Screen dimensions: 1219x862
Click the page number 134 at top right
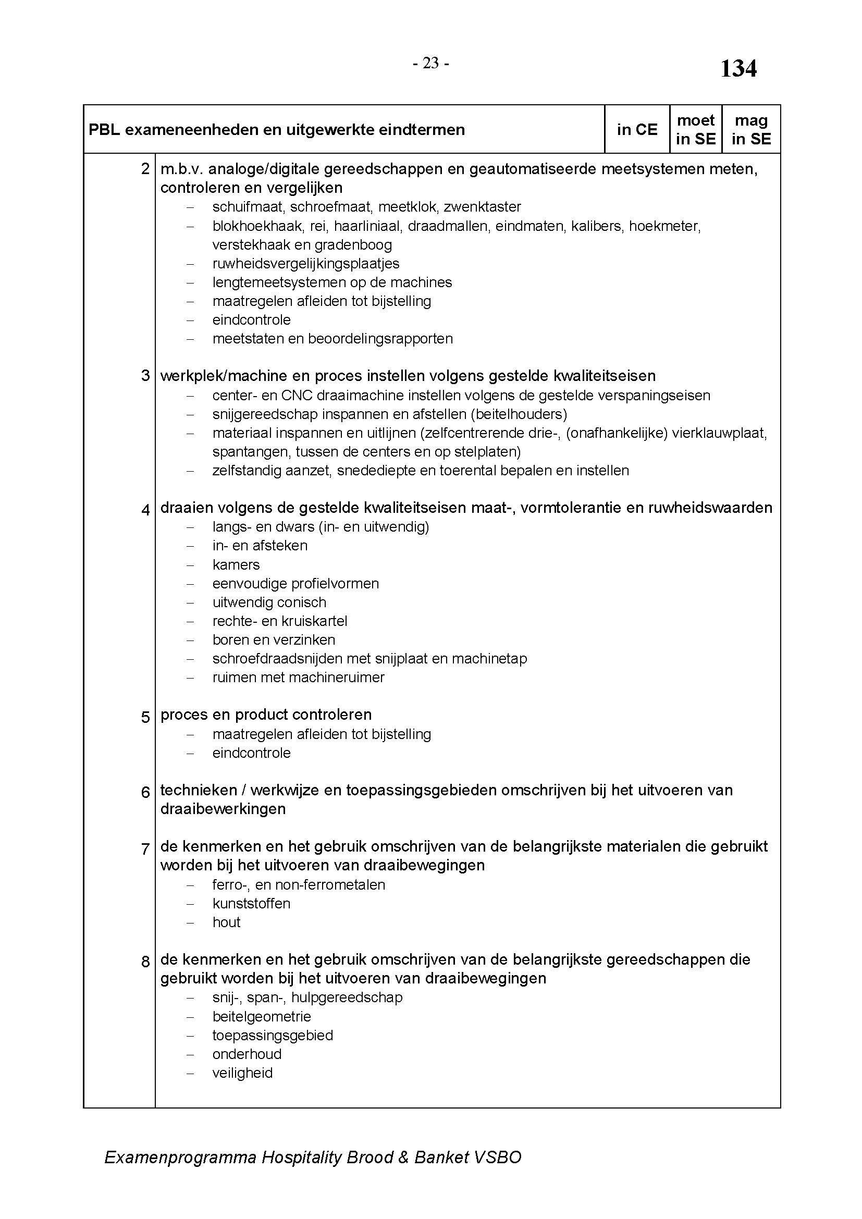click(738, 69)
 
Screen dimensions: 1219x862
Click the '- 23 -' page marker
click(430, 64)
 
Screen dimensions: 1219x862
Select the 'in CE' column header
click(637, 130)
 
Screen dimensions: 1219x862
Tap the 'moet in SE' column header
click(695, 130)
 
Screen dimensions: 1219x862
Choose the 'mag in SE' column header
click(751, 130)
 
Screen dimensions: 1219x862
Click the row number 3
click(145, 376)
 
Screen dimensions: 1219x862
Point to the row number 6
click(145, 792)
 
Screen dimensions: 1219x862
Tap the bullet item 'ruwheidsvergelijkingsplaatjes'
click(306, 264)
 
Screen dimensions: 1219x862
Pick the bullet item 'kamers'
click(236, 565)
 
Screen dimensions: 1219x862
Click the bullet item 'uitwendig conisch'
click(269, 602)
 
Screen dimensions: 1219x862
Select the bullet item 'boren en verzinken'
click(274, 641)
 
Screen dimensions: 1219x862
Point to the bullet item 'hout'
click(227, 922)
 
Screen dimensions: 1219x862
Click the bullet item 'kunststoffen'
click(252, 904)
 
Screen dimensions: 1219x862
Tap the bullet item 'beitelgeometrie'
click(262, 1017)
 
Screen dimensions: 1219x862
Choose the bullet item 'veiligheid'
click(242, 1073)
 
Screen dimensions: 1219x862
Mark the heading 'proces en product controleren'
click(266, 715)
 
